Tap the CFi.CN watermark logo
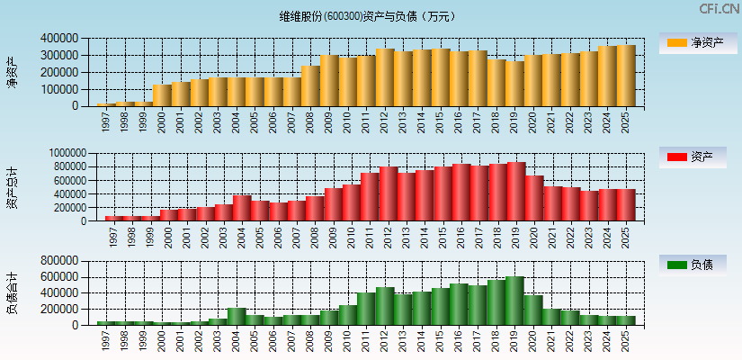point(720,9)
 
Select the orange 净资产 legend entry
point(697,43)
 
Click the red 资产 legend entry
point(697,157)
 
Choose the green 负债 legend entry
point(697,265)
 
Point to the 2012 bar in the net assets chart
point(385,77)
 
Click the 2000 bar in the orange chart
point(162,94)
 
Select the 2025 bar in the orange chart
point(626,76)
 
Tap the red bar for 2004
point(242,208)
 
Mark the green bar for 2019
point(514,301)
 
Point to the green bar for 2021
point(551,317)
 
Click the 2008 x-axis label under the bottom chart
point(310,341)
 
